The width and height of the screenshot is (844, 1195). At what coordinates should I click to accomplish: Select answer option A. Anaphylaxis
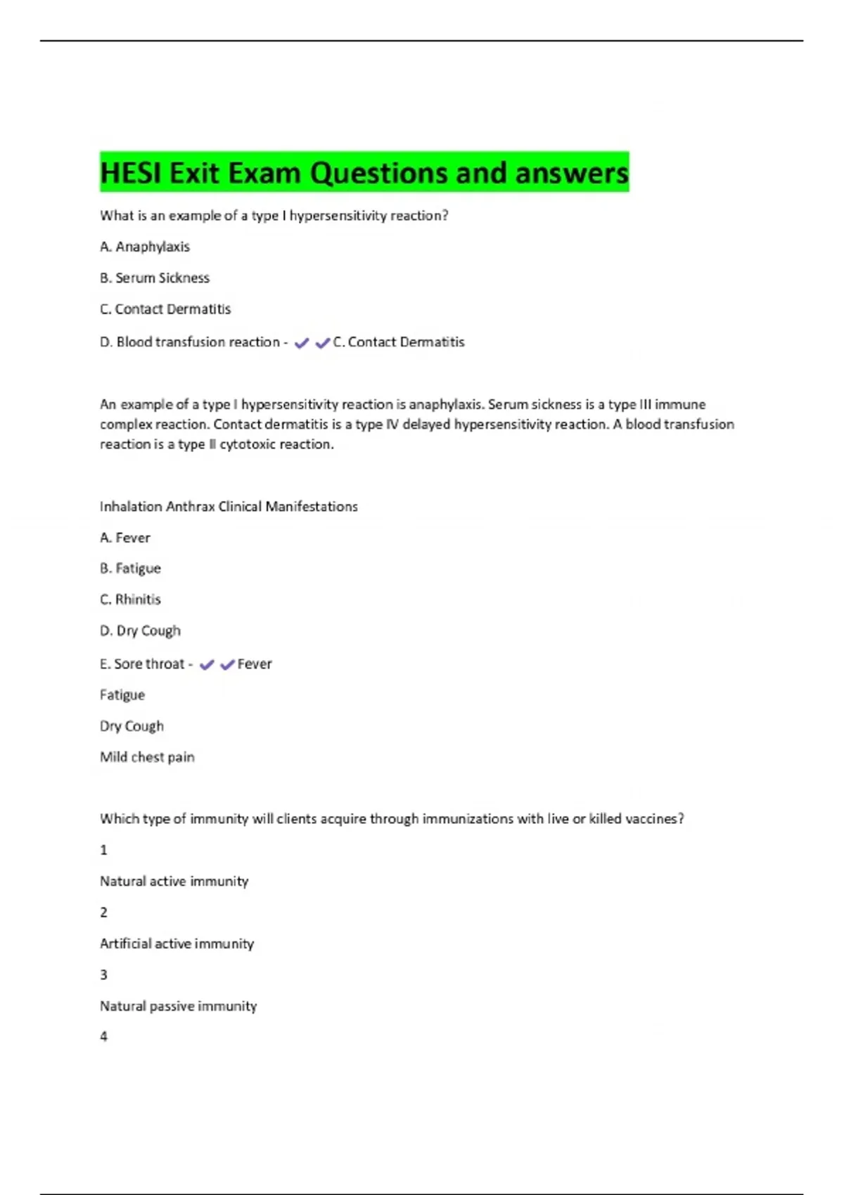pyautogui.click(x=145, y=247)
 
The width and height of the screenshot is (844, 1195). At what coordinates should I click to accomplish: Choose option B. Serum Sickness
pyautogui.click(x=155, y=278)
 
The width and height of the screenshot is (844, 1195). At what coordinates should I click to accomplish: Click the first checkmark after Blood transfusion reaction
pyautogui.click(x=302, y=343)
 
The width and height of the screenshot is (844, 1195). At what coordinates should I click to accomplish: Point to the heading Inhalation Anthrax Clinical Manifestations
pyautogui.click(x=229, y=506)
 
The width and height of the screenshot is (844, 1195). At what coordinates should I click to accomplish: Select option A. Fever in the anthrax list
pyautogui.click(x=125, y=538)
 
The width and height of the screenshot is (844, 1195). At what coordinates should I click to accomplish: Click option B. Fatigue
pyautogui.click(x=130, y=568)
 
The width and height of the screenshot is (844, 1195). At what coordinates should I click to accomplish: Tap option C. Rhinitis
pyautogui.click(x=130, y=600)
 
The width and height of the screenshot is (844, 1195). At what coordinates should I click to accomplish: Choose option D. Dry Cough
pyautogui.click(x=140, y=631)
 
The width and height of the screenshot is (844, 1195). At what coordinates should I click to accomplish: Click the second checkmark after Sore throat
pyautogui.click(x=227, y=664)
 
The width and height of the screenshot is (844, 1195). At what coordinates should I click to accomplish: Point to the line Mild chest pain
pyautogui.click(x=147, y=757)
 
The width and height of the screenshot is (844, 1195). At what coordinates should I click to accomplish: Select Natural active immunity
pyautogui.click(x=174, y=881)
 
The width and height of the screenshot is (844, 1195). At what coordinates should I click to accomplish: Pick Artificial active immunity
pyautogui.click(x=177, y=943)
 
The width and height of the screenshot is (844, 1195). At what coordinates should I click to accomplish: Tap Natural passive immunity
pyautogui.click(x=178, y=1006)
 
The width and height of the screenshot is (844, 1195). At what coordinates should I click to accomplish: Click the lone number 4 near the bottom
pyautogui.click(x=104, y=1036)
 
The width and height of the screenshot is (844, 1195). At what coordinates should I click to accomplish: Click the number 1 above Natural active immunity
pyautogui.click(x=104, y=850)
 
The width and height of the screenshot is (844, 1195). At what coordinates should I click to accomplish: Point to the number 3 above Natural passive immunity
pyautogui.click(x=104, y=974)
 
